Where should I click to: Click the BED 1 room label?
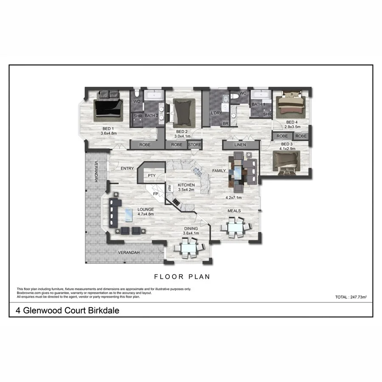pos(108,129)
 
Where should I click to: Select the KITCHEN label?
pos(186,185)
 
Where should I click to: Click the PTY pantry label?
pos(151,175)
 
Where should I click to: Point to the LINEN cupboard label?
pos(240,145)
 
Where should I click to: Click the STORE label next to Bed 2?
pos(194,145)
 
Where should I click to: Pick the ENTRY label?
pos(127,169)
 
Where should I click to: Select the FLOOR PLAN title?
pos(182,277)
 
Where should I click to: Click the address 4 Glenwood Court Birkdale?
pos(67,310)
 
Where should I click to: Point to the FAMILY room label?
pos(219,171)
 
